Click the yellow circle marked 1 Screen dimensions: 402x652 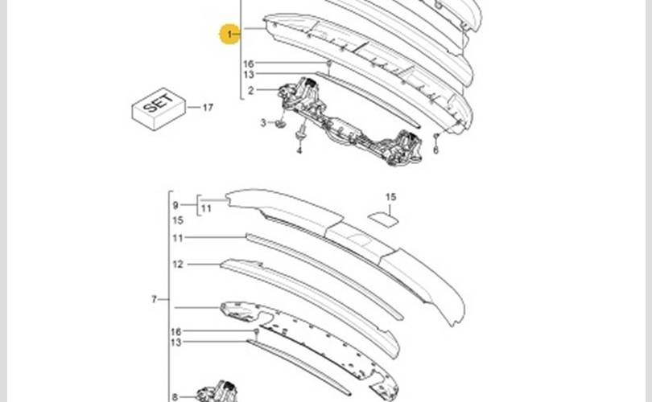[230, 35]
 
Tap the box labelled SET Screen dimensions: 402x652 [159, 109]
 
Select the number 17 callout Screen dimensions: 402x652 [208, 107]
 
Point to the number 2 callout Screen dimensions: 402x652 [250, 90]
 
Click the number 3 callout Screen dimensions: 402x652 [262, 122]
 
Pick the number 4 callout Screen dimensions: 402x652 [299, 150]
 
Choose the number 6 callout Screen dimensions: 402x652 [435, 150]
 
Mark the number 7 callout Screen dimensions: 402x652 [154, 300]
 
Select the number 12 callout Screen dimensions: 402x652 [178, 264]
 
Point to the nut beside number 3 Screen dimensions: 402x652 [279, 124]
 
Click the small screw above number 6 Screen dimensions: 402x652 [435, 136]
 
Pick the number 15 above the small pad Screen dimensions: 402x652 [390, 197]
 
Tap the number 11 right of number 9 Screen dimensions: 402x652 [205, 208]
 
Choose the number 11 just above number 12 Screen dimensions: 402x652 [178, 238]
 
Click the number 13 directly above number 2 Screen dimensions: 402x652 [249, 75]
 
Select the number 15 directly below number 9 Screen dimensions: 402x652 [178, 219]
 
